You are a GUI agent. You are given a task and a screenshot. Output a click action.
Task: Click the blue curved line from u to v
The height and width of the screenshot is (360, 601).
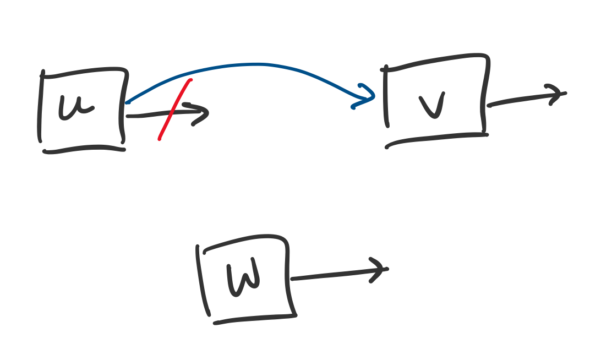coord(253,65)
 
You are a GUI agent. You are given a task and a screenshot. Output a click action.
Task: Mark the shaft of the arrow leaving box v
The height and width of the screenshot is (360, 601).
coord(517,100)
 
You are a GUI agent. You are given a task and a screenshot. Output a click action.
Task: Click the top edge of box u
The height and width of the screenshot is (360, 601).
coord(83,72)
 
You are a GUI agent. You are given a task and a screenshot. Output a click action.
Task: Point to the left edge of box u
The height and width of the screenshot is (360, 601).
coord(40,107)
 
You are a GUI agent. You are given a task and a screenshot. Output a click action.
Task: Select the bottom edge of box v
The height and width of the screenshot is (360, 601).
coord(435,138)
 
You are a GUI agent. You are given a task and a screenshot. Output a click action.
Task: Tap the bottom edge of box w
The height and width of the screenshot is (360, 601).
coord(253,319)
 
